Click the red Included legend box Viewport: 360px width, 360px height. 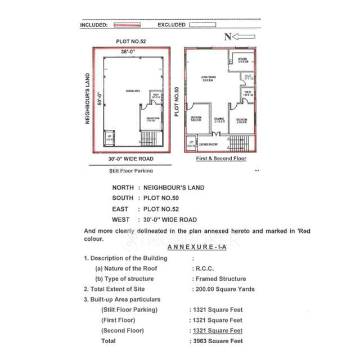tap(127, 25)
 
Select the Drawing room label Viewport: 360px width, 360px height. tap(219, 119)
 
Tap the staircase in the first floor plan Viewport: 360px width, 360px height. tap(238, 141)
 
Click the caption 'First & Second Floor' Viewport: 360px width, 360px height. tap(221, 159)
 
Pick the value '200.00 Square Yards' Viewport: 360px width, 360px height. tap(223, 289)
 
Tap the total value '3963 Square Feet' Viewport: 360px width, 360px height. tap(217, 341)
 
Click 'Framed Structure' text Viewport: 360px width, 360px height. tap(219, 279)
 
